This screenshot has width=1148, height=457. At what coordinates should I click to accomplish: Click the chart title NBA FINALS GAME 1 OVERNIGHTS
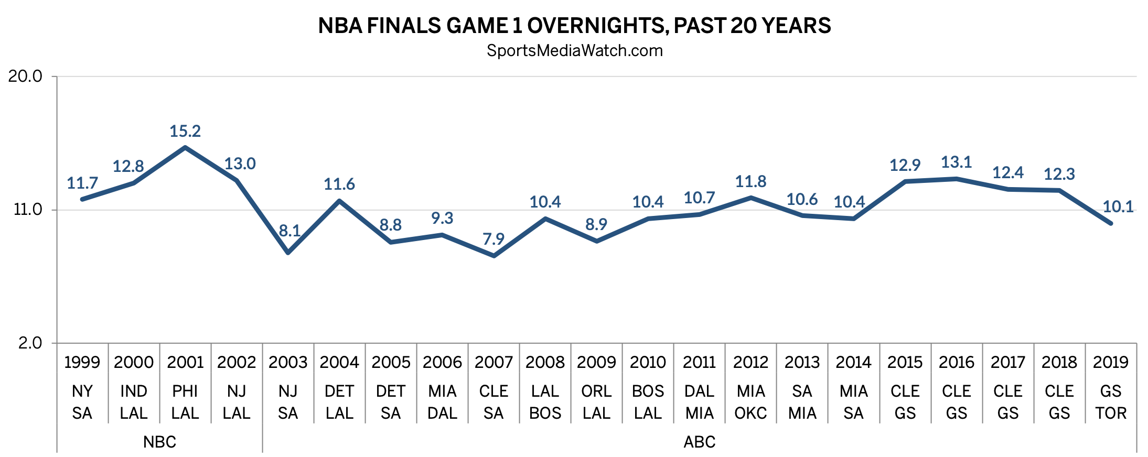[574, 26]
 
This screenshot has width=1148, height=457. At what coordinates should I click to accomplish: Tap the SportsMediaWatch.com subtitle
[574, 51]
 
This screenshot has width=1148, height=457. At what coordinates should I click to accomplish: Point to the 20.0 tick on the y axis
[25, 77]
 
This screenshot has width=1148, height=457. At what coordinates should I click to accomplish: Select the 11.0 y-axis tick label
[27, 210]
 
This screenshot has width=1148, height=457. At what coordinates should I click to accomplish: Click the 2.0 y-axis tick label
[30, 343]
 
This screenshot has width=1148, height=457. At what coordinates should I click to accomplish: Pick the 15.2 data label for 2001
[185, 131]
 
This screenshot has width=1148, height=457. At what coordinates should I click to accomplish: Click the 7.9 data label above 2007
[493, 239]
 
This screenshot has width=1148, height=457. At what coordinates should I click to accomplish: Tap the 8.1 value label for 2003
[289, 231]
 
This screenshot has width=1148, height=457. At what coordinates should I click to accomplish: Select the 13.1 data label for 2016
[956, 162]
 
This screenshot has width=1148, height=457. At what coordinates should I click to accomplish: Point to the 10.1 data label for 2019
[1118, 207]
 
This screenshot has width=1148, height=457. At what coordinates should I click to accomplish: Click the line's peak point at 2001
[185, 148]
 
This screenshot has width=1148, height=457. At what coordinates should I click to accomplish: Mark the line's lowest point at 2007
[493, 256]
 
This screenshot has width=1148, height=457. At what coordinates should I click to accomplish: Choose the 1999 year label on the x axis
[82, 362]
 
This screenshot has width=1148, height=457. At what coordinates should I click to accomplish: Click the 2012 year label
[750, 362]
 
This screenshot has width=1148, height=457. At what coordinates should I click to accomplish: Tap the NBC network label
[159, 442]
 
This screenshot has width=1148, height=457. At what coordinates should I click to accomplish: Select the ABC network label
[699, 442]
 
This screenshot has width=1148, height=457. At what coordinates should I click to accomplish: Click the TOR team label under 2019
[1110, 414]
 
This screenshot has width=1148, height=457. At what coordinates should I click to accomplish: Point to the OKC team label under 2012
[750, 414]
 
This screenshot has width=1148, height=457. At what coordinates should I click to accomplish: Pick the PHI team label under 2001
[185, 391]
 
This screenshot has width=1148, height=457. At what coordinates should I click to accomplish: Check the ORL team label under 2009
[596, 391]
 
